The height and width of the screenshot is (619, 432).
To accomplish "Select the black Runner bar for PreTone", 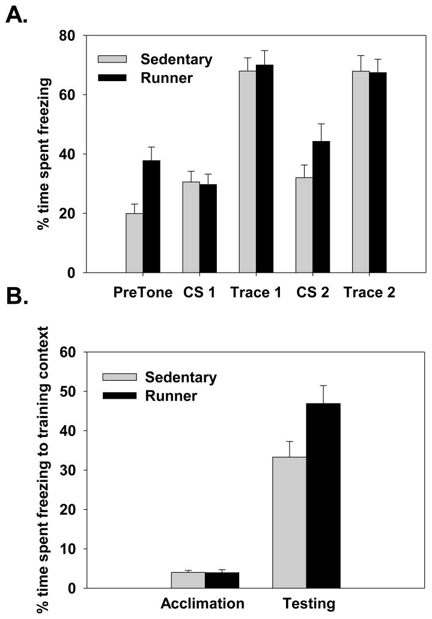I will tap(151, 217).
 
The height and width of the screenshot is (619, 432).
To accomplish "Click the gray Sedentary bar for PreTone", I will tap(135, 243).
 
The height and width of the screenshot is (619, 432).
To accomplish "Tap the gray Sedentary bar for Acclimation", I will tap(187, 580).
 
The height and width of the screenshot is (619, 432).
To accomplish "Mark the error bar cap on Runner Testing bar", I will tap(323, 385).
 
